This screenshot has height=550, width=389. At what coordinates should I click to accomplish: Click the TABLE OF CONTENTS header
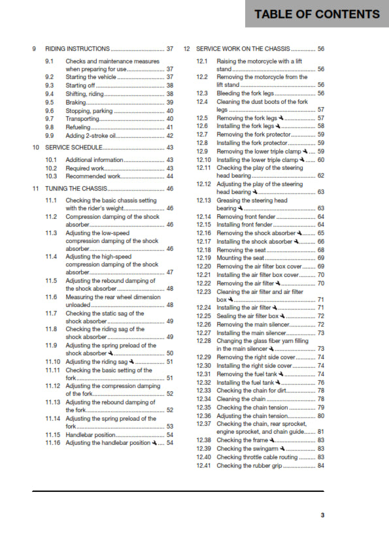(x=316, y=14)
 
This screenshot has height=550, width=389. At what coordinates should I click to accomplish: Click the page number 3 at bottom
(x=322, y=515)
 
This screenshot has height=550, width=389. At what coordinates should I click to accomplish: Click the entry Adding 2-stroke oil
(x=91, y=136)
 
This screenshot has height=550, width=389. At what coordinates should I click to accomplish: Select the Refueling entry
(x=80, y=127)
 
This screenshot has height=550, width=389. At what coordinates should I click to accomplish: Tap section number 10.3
(x=51, y=176)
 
